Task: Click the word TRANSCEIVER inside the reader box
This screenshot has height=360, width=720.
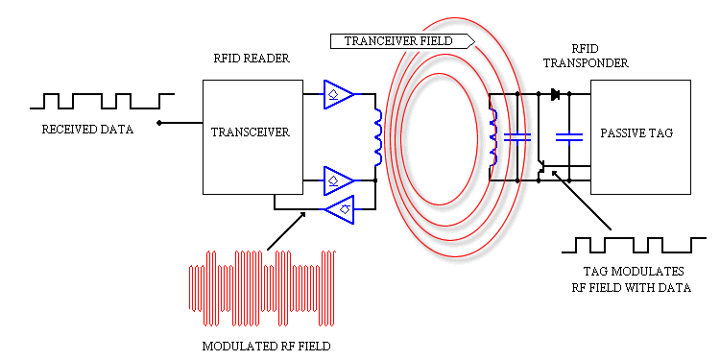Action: tap(249, 132)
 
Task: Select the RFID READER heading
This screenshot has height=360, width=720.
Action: tap(252, 59)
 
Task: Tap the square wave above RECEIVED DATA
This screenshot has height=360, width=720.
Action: tap(102, 100)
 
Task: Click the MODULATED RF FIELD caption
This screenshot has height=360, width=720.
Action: tap(266, 343)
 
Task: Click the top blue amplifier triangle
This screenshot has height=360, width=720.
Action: tap(339, 94)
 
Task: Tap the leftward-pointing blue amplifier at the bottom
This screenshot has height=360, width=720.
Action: tap(339, 206)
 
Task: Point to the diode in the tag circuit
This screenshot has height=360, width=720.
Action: tap(555, 94)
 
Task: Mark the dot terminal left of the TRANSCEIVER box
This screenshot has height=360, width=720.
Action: tap(159, 123)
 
